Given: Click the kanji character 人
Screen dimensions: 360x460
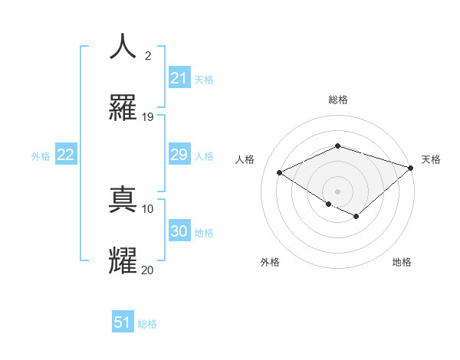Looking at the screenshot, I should (x=123, y=47).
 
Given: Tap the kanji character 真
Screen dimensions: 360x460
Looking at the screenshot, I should (x=123, y=199).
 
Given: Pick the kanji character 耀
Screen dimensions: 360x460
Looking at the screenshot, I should (x=123, y=260).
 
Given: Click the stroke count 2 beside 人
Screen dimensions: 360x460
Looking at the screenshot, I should (x=148, y=56).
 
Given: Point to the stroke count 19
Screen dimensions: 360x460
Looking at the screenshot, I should (x=148, y=117).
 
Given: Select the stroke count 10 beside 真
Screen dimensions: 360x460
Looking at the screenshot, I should (x=148, y=208).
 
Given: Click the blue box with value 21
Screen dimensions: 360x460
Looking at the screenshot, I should (x=179, y=78).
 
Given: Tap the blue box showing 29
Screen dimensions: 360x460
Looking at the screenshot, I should (x=179, y=155).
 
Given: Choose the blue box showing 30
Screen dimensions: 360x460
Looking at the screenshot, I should (x=179, y=231).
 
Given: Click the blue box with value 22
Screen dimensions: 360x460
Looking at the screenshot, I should (x=66, y=155).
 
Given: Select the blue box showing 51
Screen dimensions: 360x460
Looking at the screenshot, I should (x=123, y=322).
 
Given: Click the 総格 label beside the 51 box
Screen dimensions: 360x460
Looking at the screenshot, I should (x=148, y=324).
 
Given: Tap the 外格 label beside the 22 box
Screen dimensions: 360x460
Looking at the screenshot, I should (x=41, y=156).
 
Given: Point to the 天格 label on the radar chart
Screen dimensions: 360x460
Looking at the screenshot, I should (x=431, y=159).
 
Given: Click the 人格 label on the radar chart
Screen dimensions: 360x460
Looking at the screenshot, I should (x=245, y=159).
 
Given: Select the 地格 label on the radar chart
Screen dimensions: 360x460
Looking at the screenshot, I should (x=402, y=262).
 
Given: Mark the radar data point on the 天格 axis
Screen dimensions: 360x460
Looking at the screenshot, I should (x=412, y=167).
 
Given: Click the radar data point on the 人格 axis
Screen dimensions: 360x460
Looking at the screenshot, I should (x=280, y=172).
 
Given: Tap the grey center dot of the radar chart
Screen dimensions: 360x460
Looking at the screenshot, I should (x=337, y=191).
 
